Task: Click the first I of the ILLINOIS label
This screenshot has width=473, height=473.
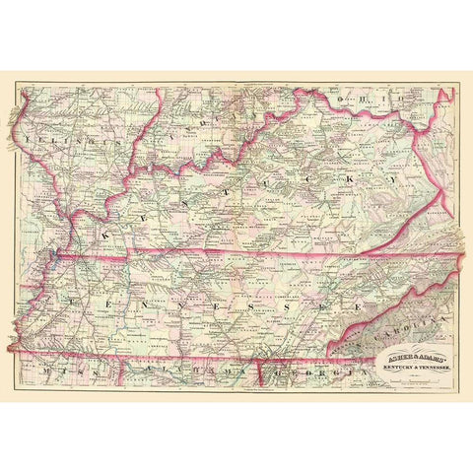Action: (x=33, y=141)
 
